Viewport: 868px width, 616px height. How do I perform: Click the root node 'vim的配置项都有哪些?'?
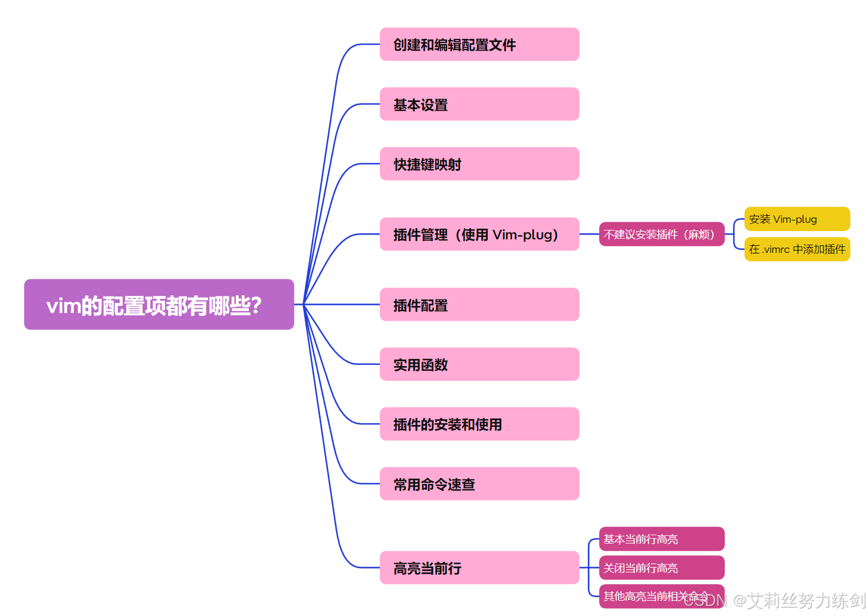coord(159,304)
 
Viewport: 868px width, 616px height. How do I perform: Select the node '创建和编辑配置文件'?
coord(479,44)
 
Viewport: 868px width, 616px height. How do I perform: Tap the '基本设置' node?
coord(479,104)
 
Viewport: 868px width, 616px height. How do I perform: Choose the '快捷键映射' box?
coord(479,164)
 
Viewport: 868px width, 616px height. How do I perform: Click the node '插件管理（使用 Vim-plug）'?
coord(479,234)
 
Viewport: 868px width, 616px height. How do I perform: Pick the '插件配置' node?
coord(479,305)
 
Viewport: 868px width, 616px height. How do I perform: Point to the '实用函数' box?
coord(479,364)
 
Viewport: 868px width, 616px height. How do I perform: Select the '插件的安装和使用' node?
coord(479,424)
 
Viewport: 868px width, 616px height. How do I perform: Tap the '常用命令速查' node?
coord(479,484)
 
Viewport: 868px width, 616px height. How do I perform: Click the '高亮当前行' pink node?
coord(479,568)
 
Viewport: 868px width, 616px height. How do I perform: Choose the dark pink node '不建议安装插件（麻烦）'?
coord(661,234)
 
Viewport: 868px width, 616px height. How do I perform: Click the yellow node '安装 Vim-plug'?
coord(797,219)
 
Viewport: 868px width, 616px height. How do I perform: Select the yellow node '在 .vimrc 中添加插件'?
coord(797,249)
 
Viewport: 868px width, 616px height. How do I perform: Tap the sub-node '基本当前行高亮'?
coord(661,539)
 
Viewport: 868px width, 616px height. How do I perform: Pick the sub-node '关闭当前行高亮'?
coord(661,568)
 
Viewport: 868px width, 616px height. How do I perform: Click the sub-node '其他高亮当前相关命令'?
coord(643,596)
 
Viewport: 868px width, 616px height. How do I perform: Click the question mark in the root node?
coord(256,305)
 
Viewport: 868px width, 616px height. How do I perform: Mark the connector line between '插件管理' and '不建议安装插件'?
coord(589,234)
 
